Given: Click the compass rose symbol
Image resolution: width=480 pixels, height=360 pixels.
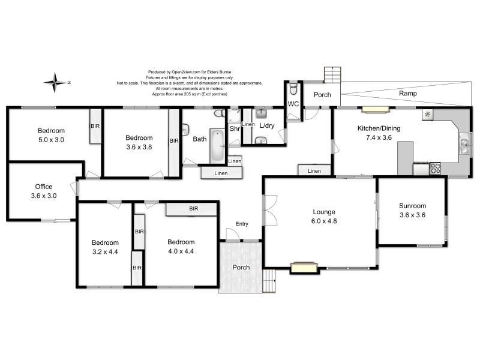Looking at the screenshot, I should [x=56, y=82].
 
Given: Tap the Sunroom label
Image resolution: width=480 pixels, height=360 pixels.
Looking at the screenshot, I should [x=412, y=206].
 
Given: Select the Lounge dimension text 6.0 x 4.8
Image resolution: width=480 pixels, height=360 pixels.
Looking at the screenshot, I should [x=323, y=221].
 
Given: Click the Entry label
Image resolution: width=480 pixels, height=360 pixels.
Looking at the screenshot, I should [x=242, y=224].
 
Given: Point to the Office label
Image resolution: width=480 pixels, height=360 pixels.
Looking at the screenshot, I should [x=44, y=187].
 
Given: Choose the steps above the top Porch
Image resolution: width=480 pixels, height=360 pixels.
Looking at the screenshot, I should [x=332, y=74].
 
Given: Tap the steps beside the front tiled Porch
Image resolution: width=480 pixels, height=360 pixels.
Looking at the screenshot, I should [x=269, y=279].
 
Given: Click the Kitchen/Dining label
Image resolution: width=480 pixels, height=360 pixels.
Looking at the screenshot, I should [x=378, y=128].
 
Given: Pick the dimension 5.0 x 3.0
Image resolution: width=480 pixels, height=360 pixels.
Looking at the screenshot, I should [x=51, y=140].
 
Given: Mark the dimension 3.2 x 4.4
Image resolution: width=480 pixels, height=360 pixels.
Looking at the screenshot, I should [x=104, y=252].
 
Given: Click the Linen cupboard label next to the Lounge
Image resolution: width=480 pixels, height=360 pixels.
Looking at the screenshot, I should [x=314, y=172].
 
